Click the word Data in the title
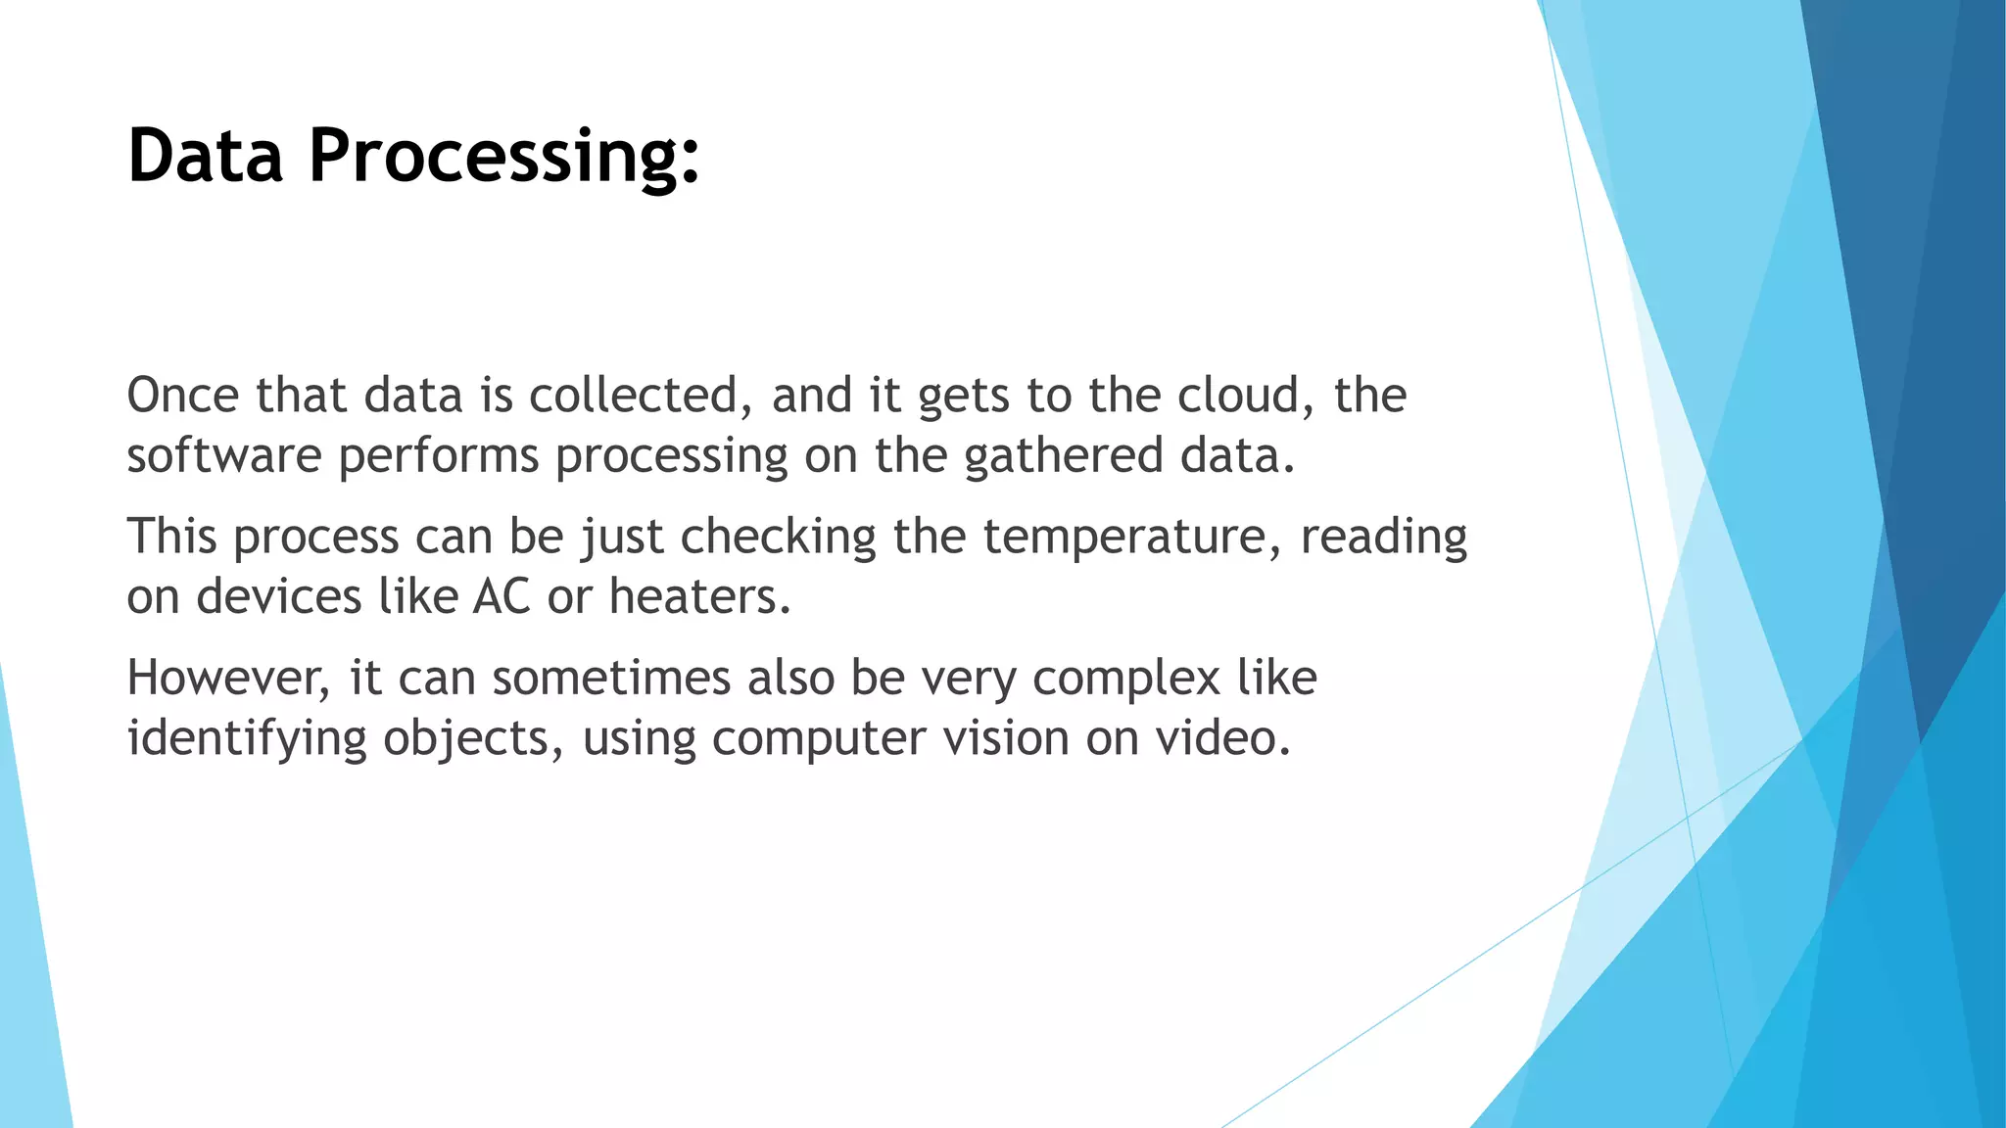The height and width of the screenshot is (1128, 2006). click(206, 157)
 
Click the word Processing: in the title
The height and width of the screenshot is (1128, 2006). click(504, 157)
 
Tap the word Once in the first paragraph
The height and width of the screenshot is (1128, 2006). click(183, 396)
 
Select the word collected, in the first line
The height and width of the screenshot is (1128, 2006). click(647, 396)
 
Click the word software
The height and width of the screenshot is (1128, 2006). click(224, 456)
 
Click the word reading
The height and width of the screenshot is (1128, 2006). click(1383, 538)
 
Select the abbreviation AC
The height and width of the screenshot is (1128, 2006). click(501, 597)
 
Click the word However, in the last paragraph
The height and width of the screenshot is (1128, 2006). click(229, 679)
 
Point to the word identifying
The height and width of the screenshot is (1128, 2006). click(247, 739)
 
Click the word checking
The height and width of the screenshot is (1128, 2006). click(778, 538)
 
